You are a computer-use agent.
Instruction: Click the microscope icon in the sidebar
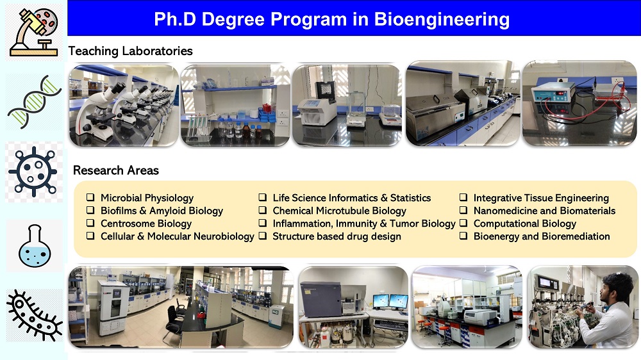[35, 32]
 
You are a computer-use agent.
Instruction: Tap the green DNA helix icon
[35, 102]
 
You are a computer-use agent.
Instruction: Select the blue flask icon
[35, 245]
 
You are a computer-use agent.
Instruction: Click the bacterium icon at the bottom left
[35, 315]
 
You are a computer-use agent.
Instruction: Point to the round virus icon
[33, 172]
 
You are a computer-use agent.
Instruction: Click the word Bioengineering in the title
[442, 19]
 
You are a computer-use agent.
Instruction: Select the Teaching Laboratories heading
[130, 51]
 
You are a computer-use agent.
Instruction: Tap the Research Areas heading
[115, 170]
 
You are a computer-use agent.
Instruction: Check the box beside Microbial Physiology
[90, 197]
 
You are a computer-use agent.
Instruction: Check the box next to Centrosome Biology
[90, 223]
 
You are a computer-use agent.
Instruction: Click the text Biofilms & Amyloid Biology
[162, 211]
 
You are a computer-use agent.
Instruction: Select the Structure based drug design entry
[337, 236]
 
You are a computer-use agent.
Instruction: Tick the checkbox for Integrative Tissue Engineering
[463, 197]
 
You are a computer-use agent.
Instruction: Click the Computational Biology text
[525, 224]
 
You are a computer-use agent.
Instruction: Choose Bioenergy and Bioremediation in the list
[542, 236]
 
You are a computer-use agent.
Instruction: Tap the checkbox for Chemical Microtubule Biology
[262, 211]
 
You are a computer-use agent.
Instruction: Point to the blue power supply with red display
[553, 95]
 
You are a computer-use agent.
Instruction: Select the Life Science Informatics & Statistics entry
[351, 198]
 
